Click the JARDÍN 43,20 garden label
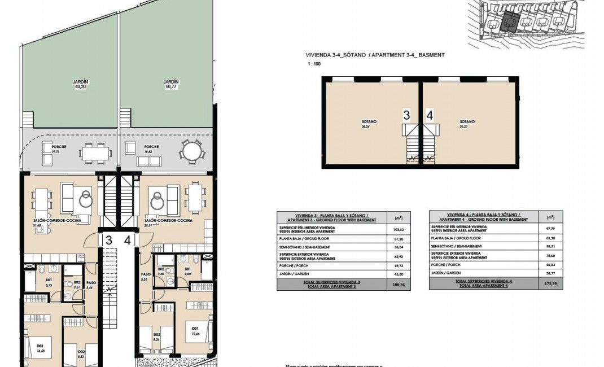point(81,84)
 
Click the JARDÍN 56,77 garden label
point(171,84)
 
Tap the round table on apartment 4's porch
point(192,151)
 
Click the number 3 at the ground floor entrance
point(109,241)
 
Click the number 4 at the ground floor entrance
point(128,241)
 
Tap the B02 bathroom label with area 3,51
point(77,284)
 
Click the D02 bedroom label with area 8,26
point(157,337)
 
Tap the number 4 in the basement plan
point(430,115)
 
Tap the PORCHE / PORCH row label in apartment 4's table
point(459,263)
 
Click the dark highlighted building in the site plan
point(509,21)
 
